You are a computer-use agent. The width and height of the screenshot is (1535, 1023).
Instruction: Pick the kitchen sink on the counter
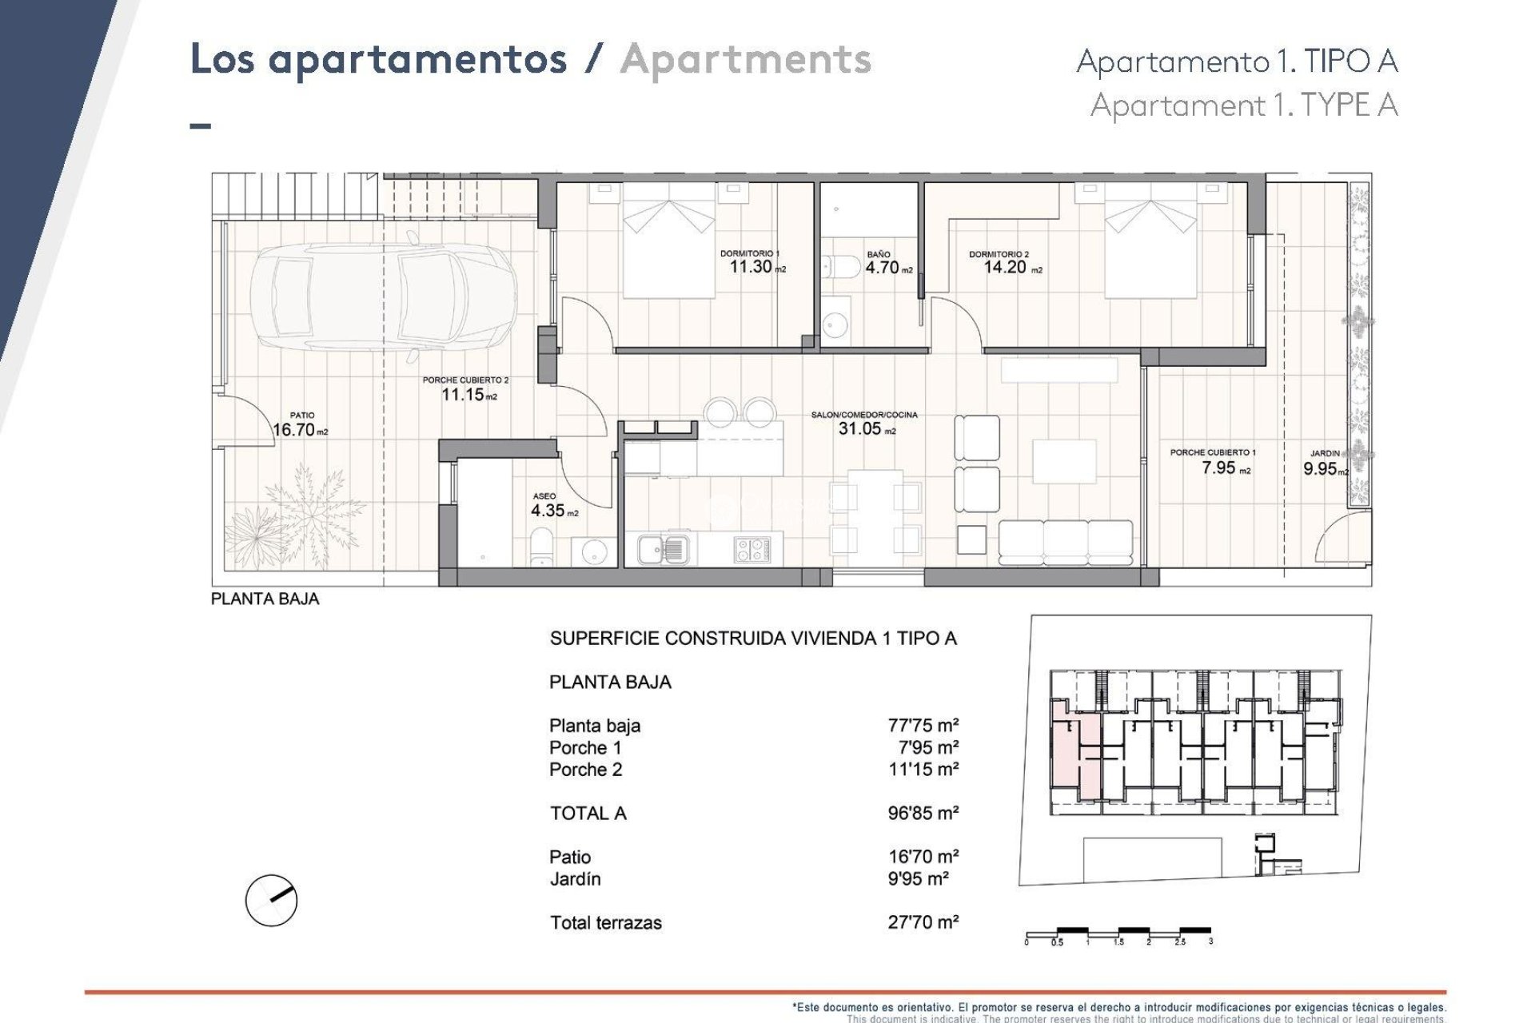[x=662, y=549]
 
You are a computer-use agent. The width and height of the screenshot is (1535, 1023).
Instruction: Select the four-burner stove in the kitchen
[x=752, y=549]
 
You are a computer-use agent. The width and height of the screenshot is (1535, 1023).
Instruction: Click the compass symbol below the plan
[x=271, y=900]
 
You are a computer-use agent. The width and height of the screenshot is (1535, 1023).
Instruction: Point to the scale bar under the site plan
[x=1118, y=932]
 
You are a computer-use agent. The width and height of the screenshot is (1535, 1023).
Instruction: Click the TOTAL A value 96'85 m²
[x=923, y=813]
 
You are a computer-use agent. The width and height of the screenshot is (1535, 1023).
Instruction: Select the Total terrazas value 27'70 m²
[x=923, y=922]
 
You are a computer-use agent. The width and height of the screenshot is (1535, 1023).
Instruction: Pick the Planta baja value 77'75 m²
[x=923, y=726]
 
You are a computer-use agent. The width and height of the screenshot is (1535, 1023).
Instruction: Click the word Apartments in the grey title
[x=745, y=60]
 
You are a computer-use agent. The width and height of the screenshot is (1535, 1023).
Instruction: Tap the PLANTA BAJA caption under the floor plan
[x=265, y=599]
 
